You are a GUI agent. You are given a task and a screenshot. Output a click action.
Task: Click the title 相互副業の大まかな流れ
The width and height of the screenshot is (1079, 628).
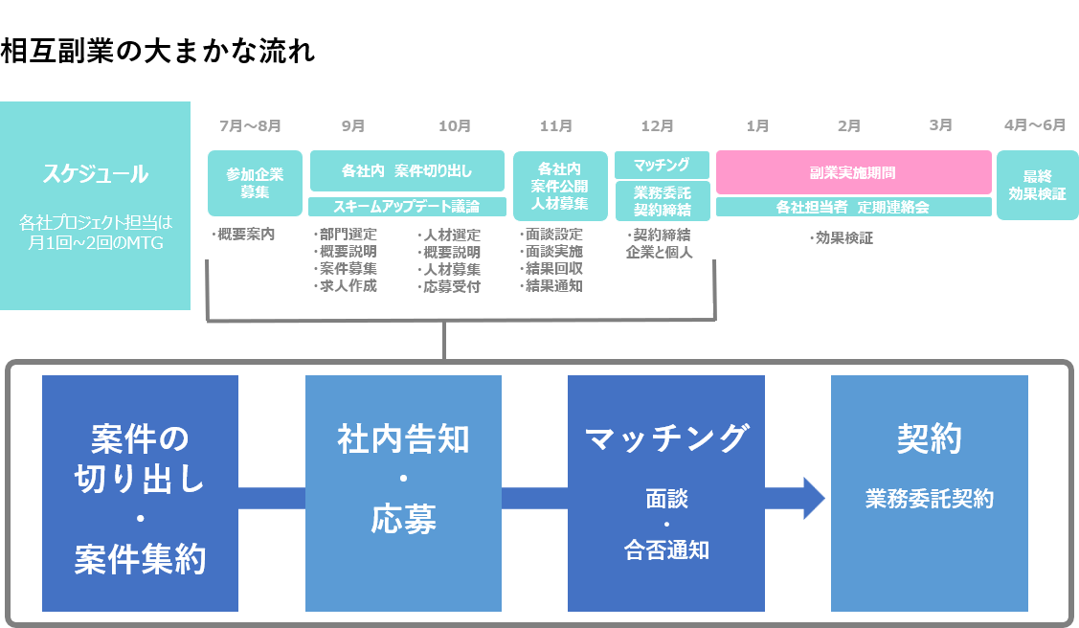point(158,52)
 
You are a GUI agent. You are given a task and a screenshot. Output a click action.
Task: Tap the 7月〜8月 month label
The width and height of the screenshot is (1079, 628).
point(250,125)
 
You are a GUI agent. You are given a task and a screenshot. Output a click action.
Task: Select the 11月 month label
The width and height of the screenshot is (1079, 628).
point(556,125)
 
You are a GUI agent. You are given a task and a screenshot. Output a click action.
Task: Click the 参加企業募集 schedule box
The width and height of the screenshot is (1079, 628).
point(255,183)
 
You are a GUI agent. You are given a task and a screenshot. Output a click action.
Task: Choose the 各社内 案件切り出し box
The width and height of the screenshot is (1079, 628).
point(407,171)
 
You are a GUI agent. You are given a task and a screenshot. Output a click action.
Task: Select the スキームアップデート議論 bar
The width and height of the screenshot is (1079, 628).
point(407,206)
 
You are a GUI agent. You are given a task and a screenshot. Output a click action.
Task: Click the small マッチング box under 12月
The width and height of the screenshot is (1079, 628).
point(662,164)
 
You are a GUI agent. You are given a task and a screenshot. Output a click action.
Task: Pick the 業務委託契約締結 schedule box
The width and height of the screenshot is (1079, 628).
point(662,201)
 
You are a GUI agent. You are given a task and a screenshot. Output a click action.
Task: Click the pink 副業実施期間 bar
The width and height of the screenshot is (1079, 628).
point(853,173)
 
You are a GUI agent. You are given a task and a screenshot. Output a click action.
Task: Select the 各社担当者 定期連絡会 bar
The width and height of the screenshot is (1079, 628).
point(853,206)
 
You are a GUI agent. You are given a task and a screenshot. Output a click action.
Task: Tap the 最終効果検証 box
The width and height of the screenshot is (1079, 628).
point(1037,185)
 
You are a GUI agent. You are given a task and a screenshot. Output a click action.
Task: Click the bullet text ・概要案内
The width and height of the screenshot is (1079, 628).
point(243,235)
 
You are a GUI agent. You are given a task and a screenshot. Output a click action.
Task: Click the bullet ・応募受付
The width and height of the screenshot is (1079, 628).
point(449,285)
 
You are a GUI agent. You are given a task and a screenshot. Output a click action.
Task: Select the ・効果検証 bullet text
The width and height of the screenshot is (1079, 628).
point(842,238)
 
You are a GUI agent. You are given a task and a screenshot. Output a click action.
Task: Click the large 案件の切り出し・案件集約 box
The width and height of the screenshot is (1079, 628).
point(140,493)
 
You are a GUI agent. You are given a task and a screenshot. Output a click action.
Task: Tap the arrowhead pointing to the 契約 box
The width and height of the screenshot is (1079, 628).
point(813,498)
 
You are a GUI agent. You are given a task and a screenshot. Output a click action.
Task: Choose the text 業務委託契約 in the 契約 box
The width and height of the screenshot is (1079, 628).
point(929,499)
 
